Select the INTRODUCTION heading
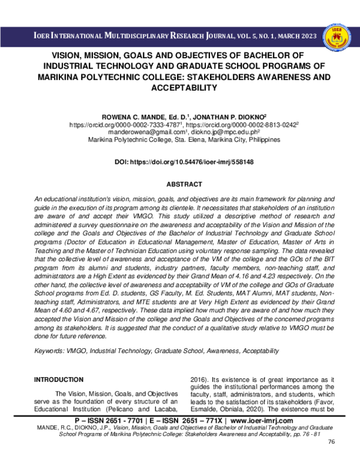58,380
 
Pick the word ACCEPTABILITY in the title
180,88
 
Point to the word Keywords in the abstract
49,349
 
